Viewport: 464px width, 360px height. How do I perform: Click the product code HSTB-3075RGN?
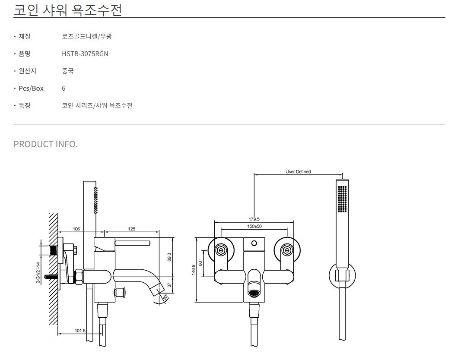tap(85, 54)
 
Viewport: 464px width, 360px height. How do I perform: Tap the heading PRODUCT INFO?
tap(46, 144)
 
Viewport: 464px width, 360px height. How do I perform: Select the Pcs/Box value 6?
tap(64, 88)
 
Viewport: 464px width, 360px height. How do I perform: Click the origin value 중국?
tap(68, 71)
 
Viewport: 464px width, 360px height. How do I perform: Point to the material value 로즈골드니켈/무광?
tap(87, 37)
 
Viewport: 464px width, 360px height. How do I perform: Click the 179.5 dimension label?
tap(254, 219)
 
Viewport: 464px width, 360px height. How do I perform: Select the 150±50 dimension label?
tap(254, 226)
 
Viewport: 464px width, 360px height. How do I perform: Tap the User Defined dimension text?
tap(298, 172)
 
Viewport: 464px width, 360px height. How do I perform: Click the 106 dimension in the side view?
tap(76, 229)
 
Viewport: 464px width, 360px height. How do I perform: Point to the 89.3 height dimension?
tap(169, 257)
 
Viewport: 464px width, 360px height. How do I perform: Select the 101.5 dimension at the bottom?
tap(80, 331)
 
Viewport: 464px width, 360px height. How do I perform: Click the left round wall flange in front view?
tap(221, 250)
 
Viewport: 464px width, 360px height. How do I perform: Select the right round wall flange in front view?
tap(286, 250)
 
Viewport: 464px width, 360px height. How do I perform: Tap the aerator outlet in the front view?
tap(254, 293)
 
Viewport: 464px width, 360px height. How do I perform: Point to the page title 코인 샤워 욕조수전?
tap(68, 9)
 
